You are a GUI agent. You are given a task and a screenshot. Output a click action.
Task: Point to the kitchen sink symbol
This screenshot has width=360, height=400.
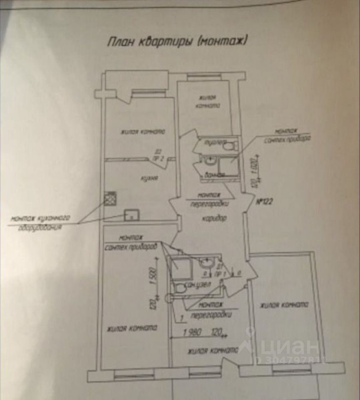click(132, 215)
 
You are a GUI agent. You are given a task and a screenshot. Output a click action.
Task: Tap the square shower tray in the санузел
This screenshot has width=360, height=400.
click(180, 266)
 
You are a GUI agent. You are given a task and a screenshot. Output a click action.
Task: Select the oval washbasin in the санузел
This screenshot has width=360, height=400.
click(206, 263)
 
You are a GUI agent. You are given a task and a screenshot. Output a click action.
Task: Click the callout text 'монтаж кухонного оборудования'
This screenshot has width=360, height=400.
click(40, 222)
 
